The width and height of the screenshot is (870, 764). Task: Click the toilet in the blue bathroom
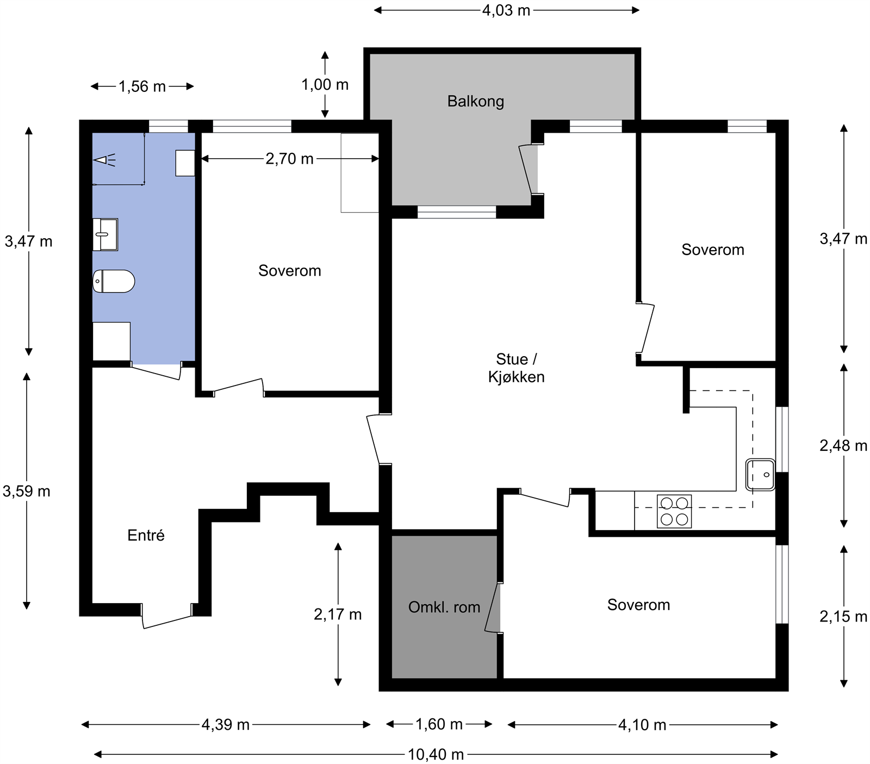click(114, 281)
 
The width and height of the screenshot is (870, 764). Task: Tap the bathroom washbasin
click(105, 234)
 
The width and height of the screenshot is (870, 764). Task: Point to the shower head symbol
click(104, 160)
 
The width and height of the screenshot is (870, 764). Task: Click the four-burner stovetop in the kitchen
click(674, 511)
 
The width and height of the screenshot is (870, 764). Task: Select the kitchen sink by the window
click(760, 475)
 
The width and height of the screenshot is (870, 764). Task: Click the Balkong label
click(476, 102)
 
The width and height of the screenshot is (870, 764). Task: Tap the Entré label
click(146, 536)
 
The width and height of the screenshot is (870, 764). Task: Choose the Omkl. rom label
click(444, 607)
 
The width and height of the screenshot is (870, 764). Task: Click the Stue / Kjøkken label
click(517, 368)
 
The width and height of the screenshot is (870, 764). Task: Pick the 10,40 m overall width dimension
click(436, 754)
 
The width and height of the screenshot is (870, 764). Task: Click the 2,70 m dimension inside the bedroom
click(290, 159)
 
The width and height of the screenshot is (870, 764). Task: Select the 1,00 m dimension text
click(325, 85)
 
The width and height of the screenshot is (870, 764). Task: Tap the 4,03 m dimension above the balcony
click(506, 10)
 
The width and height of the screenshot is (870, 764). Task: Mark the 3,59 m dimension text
click(27, 492)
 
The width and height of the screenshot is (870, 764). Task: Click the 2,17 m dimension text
click(338, 614)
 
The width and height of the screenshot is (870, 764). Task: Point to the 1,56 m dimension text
click(142, 86)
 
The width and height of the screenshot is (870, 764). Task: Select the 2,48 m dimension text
click(843, 446)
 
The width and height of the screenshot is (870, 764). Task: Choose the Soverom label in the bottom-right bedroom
click(638, 605)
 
